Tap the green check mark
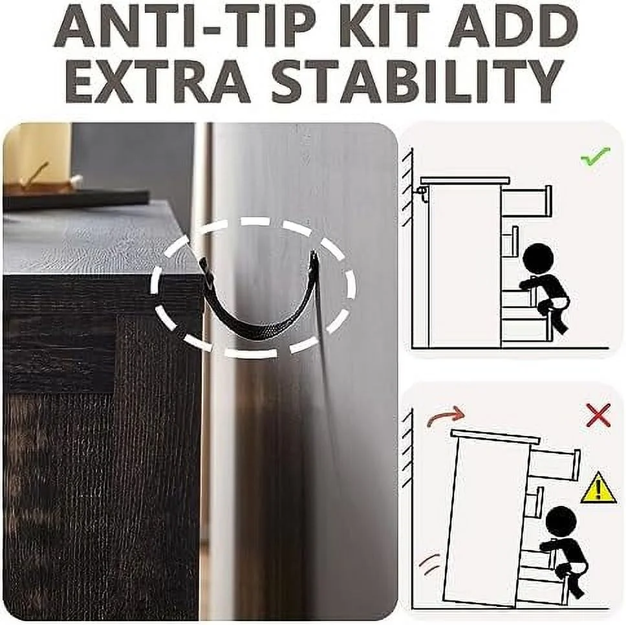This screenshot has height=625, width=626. coord(596,157)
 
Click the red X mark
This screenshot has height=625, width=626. coord(598,415)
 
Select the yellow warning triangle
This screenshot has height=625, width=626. coord(598,488)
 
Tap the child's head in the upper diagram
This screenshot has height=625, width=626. coord(538,259)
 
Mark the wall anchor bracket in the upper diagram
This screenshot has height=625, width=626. coord(421,195)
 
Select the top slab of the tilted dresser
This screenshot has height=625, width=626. coord(496,437)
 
